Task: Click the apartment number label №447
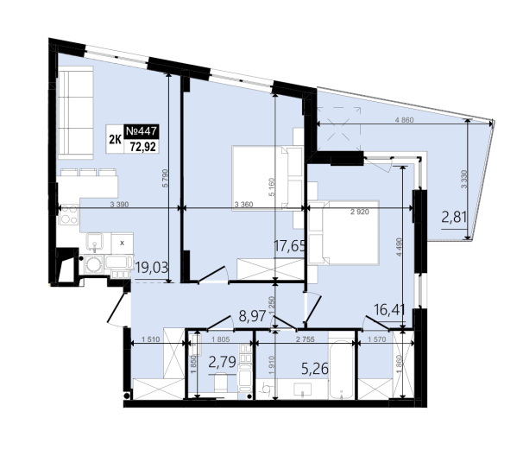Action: click(x=142, y=131)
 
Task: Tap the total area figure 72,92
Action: click(x=143, y=146)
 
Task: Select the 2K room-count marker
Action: click(x=115, y=140)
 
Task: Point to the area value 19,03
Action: click(x=152, y=268)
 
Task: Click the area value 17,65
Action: click(x=289, y=246)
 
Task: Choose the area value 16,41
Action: click(x=389, y=309)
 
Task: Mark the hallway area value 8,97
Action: click(x=253, y=315)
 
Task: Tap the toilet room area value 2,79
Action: click(x=222, y=362)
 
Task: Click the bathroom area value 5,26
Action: click(x=315, y=369)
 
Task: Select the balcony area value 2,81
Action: click(x=454, y=218)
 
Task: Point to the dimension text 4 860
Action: click(x=404, y=120)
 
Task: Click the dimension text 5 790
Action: click(x=165, y=178)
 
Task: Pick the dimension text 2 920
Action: click(x=360, y=212)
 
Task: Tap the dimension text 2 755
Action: click(x=306, y=339)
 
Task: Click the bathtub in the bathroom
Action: click(x=341, y=370)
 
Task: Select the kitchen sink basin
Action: click(x=95, y=241)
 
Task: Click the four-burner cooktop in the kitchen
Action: click(x=69, y=215)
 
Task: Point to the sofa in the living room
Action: click(x=75, y=112)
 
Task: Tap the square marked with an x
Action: click(x=122, y=243)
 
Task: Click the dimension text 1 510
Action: click(x=151, y=339)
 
